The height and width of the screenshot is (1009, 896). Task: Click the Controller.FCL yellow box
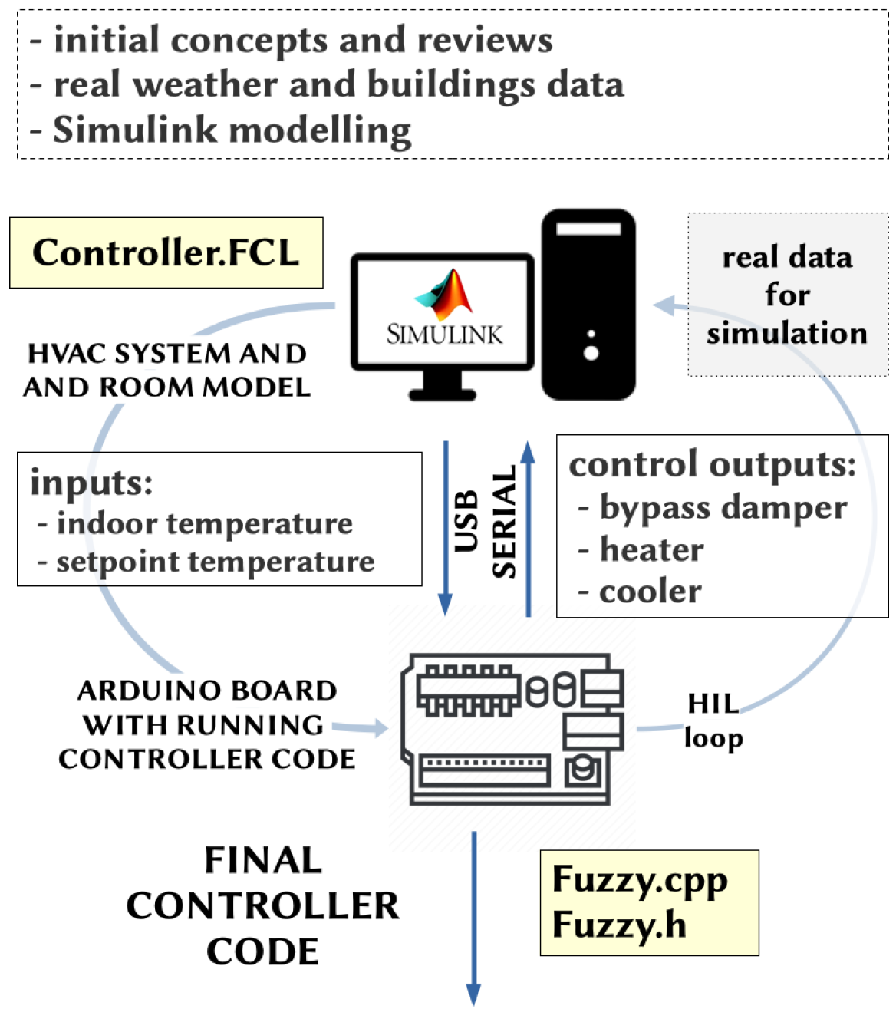tap(166, 252)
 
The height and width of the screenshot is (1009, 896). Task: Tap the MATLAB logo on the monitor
tap(443, 295)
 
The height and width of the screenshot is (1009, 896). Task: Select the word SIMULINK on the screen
tap(444, 335)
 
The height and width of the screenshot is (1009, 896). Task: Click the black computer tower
tap(588, 305)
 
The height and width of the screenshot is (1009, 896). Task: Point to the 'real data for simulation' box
tap(787, 295)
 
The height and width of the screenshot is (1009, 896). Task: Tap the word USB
tap(466, 521)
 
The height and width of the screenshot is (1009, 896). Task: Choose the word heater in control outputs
tap(651, 549)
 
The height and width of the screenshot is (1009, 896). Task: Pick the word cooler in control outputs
tap(650, 591)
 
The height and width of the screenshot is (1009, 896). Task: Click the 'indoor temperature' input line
tap(204, 523)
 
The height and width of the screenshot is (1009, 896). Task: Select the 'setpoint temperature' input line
tap(215, 562)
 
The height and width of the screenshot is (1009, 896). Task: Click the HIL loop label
tap(713, 720)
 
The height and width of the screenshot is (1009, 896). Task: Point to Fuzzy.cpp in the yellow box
tap(639, 880)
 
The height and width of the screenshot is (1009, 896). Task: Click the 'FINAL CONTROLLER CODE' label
tap(262, 905)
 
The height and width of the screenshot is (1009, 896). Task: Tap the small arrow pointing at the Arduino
tap(361, 727)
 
